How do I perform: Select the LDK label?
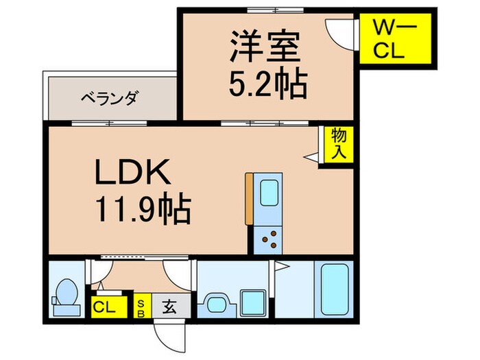132,173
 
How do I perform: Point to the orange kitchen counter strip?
249,199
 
